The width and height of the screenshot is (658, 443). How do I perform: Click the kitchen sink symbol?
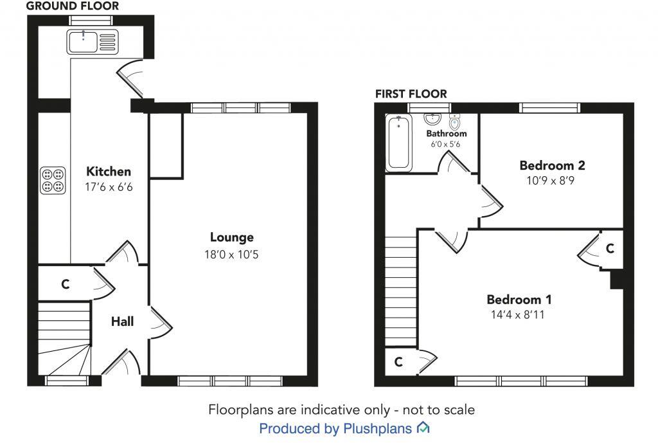coord(90,41)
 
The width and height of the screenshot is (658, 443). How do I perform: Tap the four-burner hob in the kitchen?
coord(53,181)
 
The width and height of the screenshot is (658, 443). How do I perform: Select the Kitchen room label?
coord(109,172)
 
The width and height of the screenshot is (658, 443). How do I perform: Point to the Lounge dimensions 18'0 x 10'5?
coord(232,254)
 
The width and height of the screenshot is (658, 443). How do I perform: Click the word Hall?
coord(122,321)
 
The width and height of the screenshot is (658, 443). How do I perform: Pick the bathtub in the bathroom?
coord(398,143)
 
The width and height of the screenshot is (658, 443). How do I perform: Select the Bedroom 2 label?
coord(552,165)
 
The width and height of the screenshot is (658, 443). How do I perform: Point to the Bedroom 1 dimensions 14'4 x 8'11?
coord(519,315)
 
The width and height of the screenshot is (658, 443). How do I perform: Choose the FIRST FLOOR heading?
coord(411,94)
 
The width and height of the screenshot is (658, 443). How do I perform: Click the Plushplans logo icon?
coord(423,428)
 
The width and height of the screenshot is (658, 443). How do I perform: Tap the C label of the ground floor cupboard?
coord(65,284)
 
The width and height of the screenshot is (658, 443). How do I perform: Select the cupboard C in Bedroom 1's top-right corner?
coord(610,248)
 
